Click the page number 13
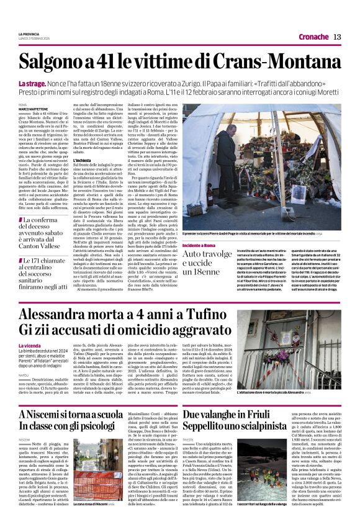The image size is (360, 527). pos(337,37)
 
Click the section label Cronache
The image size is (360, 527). pos(313,37)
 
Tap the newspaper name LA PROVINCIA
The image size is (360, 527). pos(29,33)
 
